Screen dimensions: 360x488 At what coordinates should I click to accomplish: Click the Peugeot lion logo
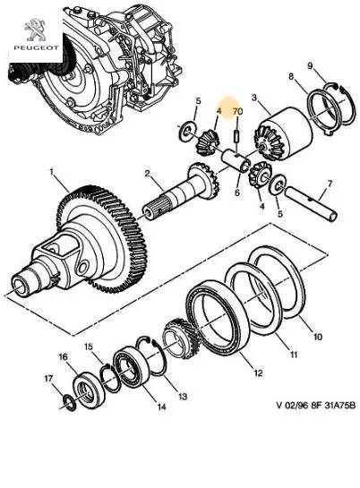(36, 30)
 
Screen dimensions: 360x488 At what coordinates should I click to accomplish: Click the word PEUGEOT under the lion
(36, 47)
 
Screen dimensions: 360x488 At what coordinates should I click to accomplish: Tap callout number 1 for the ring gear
(52, 172)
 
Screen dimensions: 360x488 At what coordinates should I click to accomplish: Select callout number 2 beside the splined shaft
(147, 174)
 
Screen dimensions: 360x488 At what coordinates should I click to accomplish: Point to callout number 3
(254, 98)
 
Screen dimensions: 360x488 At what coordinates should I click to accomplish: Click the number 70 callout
(237, 111)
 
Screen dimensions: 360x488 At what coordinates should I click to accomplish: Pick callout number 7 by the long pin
(330, 184)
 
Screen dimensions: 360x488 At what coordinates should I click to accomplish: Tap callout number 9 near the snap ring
(310, 66)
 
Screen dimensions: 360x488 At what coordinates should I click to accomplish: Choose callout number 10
(317, 337)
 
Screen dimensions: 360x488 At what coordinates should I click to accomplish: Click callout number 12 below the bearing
(258, 372)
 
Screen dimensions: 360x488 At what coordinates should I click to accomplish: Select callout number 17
(48, 379)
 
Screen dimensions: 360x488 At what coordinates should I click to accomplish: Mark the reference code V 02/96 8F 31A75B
(316, 406)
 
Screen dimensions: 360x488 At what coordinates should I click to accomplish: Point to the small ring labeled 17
(69, 402)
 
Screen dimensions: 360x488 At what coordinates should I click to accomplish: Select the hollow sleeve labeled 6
(236, 160)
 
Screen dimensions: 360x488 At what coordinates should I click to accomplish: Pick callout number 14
(161, 407)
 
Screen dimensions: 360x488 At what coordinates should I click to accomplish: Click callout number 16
(63, 357)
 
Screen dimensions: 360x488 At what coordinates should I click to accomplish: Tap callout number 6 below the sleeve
(237, 193)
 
